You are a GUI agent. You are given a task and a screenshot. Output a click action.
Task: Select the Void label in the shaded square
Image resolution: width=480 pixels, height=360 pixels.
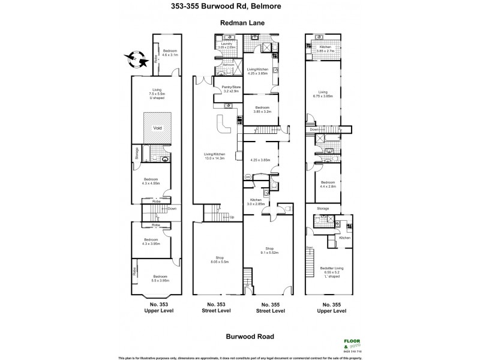click(x=157, y=128)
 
